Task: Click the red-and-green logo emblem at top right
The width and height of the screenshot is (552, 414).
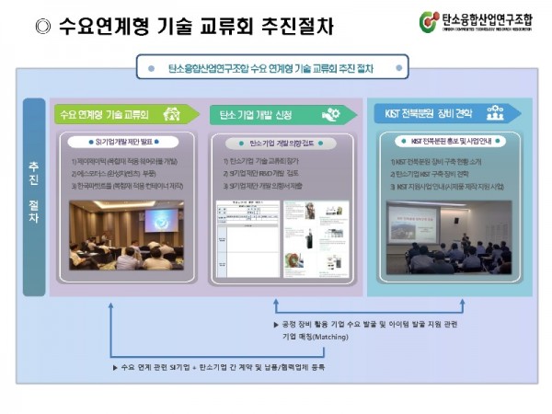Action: (429, 20)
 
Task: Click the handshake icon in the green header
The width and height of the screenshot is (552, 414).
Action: (172, 114)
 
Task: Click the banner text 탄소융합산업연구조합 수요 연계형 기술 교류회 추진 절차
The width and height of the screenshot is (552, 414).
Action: (270, 68)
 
